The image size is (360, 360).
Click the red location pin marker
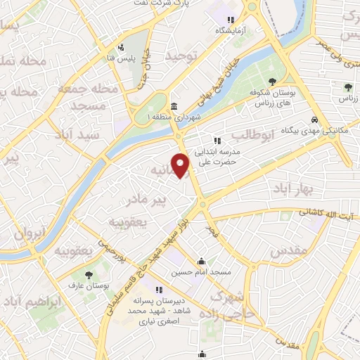pos(181,166)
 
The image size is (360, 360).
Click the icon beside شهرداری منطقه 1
pos(174,107)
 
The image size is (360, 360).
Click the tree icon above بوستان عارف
pos(89,275)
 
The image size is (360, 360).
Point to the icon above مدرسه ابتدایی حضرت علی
pos(226,141)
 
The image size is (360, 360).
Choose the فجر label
pos(209,229)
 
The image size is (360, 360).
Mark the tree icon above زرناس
pos(347,87)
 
